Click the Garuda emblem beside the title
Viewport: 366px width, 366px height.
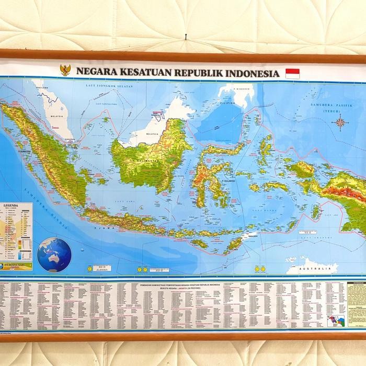tap(66, 71)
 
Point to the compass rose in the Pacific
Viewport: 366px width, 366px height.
tap(340, 123)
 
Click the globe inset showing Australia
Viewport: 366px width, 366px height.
tap(54, 255)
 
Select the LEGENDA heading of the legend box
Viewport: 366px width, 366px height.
tap(12, 206)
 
